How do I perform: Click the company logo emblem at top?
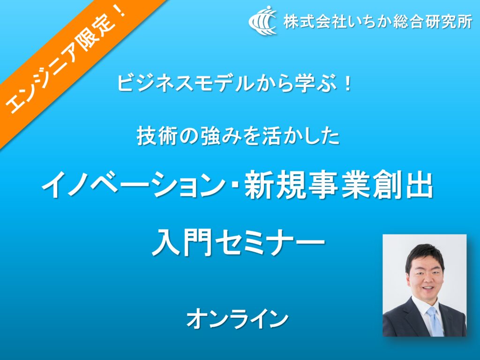[x=262, y=21]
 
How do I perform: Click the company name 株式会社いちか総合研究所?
[x=378, y=22]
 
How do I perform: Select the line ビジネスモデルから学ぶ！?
[x=235, y=84]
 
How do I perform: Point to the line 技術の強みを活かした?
[x=238, y=136]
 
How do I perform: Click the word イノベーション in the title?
[x=134, y=186]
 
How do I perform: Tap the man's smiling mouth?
[x=428, y=288]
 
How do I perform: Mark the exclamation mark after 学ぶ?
[x=347, y=84]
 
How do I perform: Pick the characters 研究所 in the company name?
[x=449, y=22]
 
